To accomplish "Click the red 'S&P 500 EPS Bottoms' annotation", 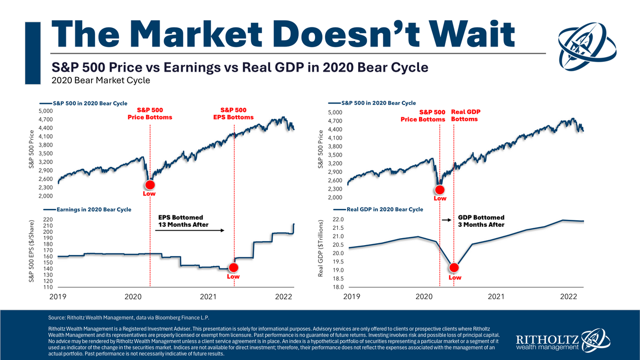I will pos(233,113).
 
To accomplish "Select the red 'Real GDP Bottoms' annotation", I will pos(466,115).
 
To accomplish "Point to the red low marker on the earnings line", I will pos(233,268).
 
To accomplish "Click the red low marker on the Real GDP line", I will pos(454,268).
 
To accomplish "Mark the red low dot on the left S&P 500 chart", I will pos(150,184).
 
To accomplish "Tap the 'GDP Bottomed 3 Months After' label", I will pos(481,221).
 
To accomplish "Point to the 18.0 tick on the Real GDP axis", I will pos(338,287).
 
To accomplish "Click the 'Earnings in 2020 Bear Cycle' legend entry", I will pos(94,209).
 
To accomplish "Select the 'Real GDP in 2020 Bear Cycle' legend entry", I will pos(385,209).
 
